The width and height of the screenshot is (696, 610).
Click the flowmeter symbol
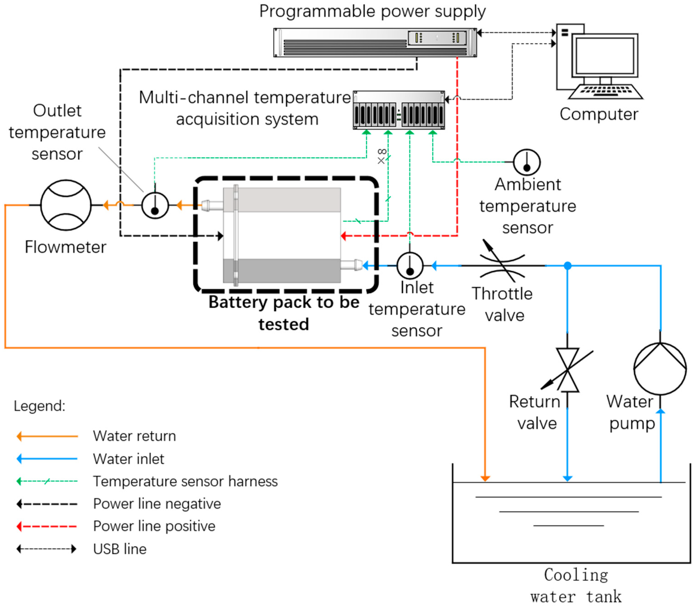coord(66,205)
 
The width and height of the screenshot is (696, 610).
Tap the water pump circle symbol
coord(660,369)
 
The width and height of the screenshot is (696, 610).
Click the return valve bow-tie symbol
coord(567,370)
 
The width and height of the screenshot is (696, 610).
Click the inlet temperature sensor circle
coord(410,265)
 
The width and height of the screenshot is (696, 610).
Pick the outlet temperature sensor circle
coord(155,205)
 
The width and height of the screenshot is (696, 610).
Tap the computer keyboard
coord(605,91)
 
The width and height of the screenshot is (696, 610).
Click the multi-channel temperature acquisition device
coord(399,110)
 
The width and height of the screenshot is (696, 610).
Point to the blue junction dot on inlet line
coord(567,265)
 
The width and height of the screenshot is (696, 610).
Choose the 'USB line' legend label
coord(120,549)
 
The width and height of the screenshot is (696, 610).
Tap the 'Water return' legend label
coord(134,436)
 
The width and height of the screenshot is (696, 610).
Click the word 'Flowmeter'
coord(65,247)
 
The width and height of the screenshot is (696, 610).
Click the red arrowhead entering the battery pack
coord(344,236)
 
